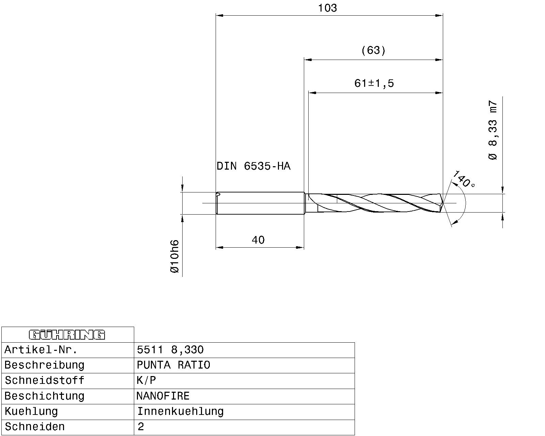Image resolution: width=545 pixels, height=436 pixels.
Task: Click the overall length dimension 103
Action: (x=327, y=8)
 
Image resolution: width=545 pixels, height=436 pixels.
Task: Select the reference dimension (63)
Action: (x=373, y=51)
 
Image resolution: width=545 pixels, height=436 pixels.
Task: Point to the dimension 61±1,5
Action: (x=374, y=83)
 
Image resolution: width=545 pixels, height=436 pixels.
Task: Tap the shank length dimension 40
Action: (x=258, y=240)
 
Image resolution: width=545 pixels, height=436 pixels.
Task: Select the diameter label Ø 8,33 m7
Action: (x=493, y=130)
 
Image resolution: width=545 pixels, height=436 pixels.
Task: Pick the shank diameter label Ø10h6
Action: (x=174, y=256)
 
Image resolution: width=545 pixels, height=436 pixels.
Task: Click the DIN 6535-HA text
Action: (x=253, y=166)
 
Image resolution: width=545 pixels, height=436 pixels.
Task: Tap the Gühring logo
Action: (x=67, y=335)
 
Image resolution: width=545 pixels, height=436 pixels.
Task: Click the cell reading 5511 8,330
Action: (x=170, y=350)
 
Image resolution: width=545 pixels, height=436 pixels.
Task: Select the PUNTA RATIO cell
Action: (x=173, y=365)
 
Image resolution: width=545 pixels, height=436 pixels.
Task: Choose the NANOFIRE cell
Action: (x=163, y=396)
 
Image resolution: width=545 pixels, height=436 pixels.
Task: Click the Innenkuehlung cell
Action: (x=180, y=411)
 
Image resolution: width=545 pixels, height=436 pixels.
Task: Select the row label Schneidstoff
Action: (x=44, y=380)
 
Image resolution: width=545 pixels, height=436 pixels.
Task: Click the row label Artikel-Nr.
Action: (x=41, y=350)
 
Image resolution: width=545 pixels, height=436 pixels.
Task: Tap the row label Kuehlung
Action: (x=31, y=411)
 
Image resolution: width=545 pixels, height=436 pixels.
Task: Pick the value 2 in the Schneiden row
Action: (x=141, y=427)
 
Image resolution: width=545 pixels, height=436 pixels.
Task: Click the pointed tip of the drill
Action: (x=443, y=204)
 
